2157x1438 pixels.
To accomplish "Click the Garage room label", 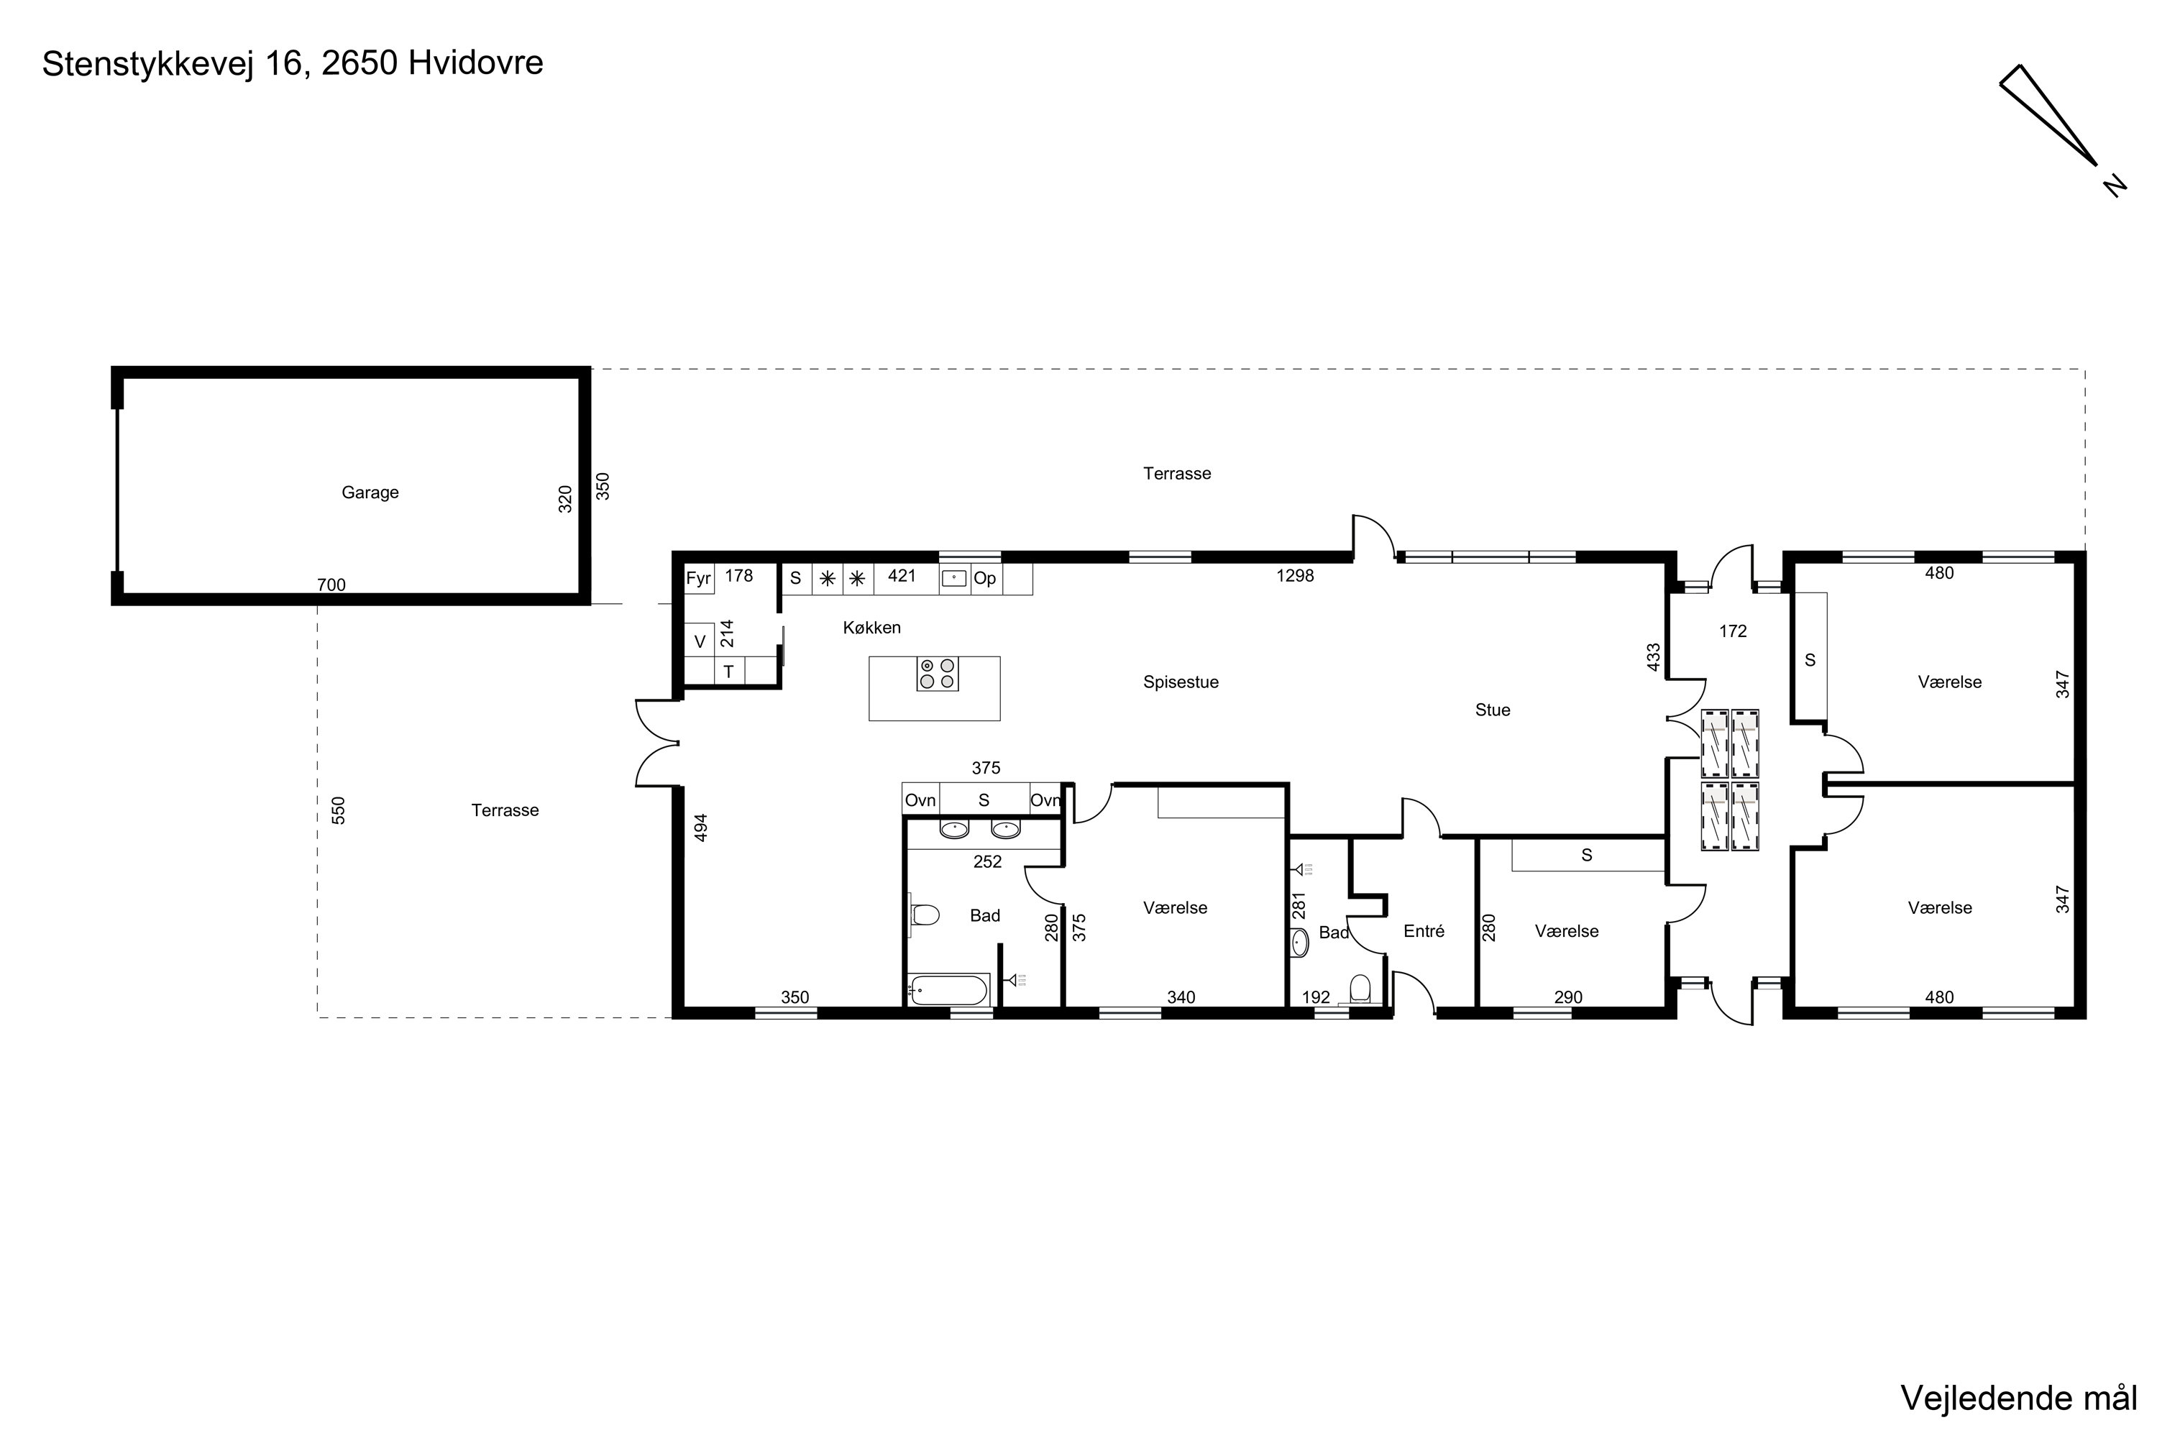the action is tap(370, 493).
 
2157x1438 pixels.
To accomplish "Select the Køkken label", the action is tap(872, 627).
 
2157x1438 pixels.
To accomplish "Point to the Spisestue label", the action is tap(1181, 682).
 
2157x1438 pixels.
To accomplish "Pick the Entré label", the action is tap(1424, 931).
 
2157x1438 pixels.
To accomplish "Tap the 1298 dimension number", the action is tap(1295, 576).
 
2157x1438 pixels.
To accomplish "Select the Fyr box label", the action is tap(698, 579).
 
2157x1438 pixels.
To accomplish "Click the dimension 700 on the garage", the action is tap(331, 585).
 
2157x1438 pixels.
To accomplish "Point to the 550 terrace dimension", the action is tap(339, 811).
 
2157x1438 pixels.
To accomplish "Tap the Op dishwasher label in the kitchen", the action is tap(985, 579).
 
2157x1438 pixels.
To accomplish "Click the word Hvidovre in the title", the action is tap(476, 63).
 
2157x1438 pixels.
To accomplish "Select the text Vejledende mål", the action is tap(2018, 1398).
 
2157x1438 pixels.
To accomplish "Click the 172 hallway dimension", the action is tap(1732, 631).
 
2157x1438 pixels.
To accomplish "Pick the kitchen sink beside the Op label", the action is tap(954, 579).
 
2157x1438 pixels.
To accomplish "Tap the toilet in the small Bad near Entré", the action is tap(1360, 989).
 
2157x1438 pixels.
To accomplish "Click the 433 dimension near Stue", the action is tap(1654, 656).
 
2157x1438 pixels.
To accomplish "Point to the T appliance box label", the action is tap(728, 672).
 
